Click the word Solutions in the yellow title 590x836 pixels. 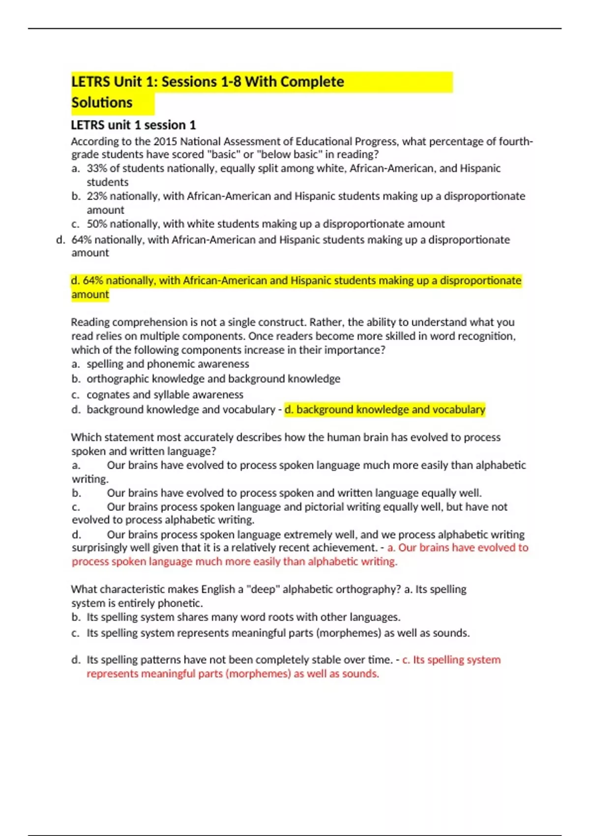tap(102, 103)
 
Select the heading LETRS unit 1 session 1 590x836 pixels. tap(133, 125)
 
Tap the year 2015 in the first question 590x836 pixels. tap(165, 142)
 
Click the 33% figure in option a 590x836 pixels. tap(96, 168)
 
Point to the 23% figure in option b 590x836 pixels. tap(96, 196)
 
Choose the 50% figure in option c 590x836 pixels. tap(96, 224)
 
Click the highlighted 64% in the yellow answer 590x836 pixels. tap(93, 280)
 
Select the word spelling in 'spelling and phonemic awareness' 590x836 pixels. tap(105, 364)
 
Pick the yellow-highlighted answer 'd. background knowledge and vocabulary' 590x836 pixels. tap(385, 409)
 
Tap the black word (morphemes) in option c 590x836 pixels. tap(349, 633)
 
